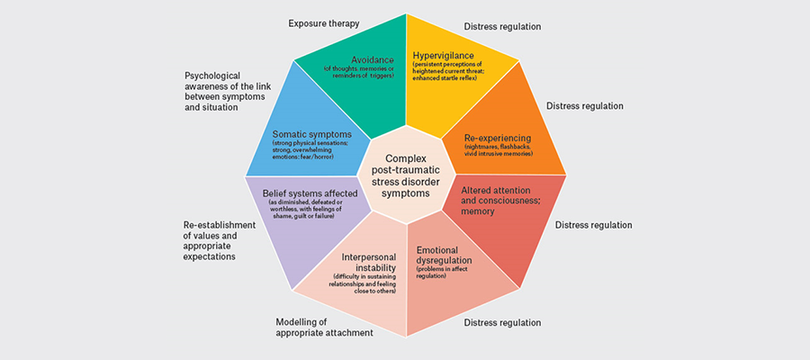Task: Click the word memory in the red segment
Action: tap(480, 211)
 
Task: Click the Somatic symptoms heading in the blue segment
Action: tap(313, 135)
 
